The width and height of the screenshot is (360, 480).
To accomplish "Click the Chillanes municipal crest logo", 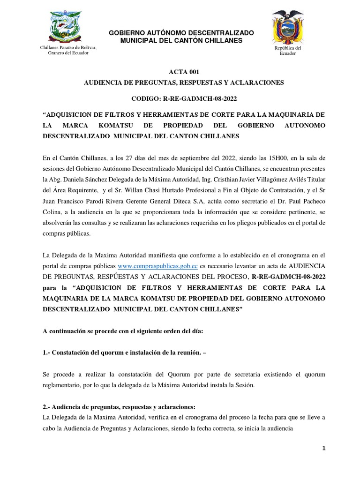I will (65, 27).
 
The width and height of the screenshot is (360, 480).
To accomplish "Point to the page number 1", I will (323, 449).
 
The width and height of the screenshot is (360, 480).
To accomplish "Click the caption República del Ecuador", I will (291, 51).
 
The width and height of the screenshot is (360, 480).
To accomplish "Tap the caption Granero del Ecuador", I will (68, 53).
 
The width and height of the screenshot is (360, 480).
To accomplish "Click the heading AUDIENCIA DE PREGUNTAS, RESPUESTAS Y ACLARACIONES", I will (184, 82).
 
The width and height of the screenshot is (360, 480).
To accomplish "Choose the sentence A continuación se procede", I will (123, 331).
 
